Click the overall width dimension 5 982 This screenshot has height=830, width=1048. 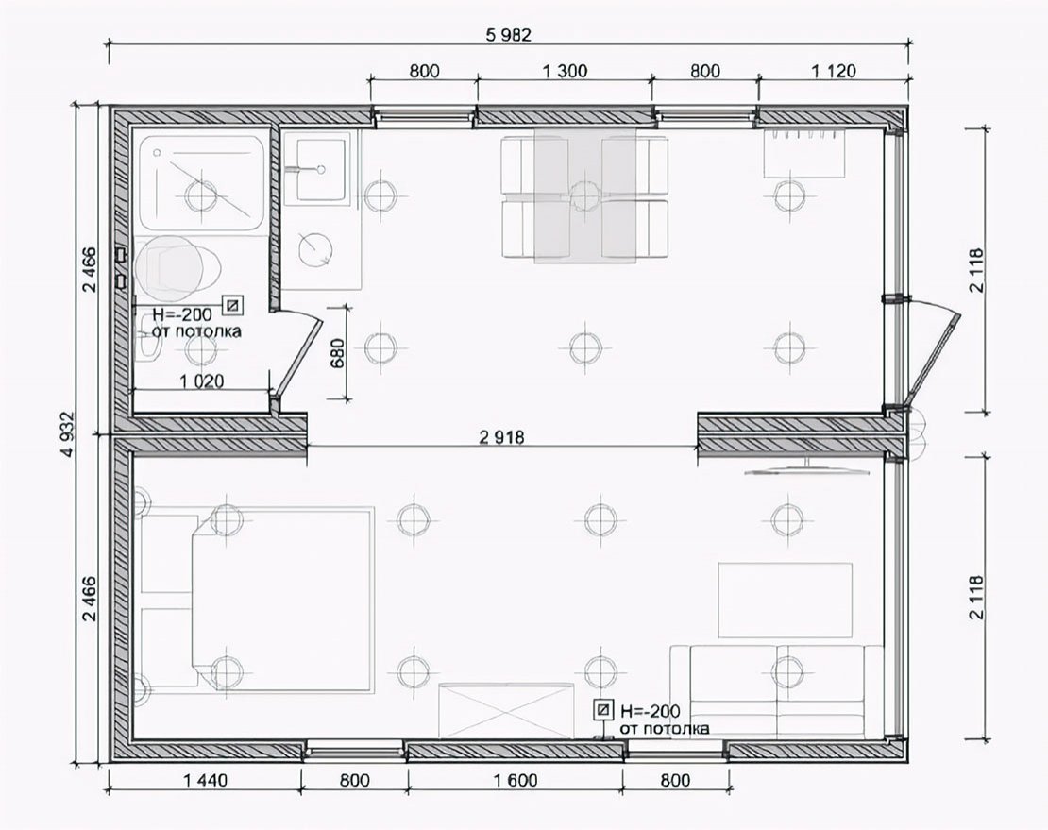(509, 36)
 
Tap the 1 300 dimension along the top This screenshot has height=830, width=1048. (565, 71)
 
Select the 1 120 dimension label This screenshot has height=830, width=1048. (833, 71)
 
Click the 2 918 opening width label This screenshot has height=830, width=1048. (502, 438)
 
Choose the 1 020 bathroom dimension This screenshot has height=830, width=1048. (201, 381)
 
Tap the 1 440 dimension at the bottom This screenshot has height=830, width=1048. (205, 780)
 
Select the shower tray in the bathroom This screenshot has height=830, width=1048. (201, 184)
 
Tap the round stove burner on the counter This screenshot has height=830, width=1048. (314, 248)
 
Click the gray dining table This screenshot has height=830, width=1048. (584, 195)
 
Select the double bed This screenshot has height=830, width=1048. (258, 599)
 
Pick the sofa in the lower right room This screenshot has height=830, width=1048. (777, 692)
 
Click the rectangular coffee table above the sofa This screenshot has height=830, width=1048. (786, 601)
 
